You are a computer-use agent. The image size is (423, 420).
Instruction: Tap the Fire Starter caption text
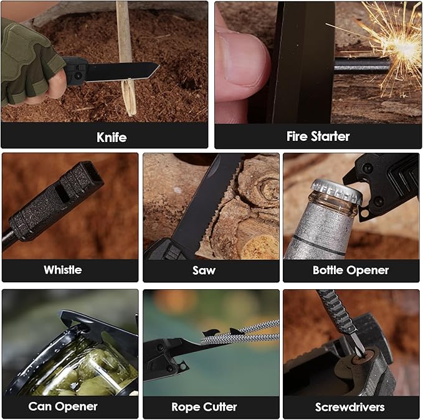(x=318, y=136)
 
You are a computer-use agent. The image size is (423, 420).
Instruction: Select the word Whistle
(x=62, y=270)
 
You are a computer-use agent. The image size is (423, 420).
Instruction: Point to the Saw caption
(x=204, y=270)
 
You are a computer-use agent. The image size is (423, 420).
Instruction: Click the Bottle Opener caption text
(x=351, y=270)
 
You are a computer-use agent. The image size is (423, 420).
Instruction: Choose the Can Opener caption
(x=63, y=406)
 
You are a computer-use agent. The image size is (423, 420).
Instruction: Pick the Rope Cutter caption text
(x=204, y=407)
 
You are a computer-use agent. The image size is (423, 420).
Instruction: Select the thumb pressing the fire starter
(x=240, y=69)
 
